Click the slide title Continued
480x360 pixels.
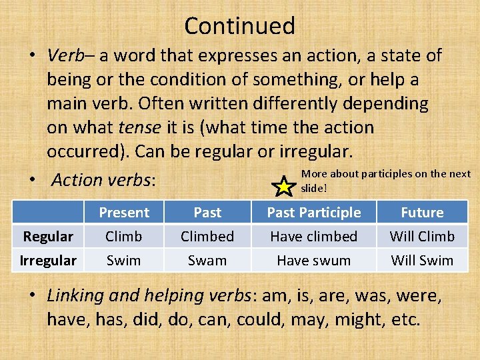(x=239, y=26)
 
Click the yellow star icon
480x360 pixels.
(x=284, y=187)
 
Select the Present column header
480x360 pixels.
(x=124, y=213)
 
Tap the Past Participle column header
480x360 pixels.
(x=313, y=213)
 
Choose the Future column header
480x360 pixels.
(x=422, y=213)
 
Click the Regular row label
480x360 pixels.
(x=48, y=237)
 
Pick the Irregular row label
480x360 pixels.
(x=48, y=260)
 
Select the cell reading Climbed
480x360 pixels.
(x=207, y=237)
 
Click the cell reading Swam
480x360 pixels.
(x=207, y=260)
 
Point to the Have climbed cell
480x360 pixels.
(x=313, y=237)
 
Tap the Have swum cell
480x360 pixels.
(x=313, y=260)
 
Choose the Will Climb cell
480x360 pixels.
(x=422, y=237)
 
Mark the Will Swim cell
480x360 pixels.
(x=422, y=260)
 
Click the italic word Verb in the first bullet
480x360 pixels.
(x=65, y=55)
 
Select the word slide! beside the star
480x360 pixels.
(x=314, y=188)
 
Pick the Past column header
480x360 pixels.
(x=207, y=213)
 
